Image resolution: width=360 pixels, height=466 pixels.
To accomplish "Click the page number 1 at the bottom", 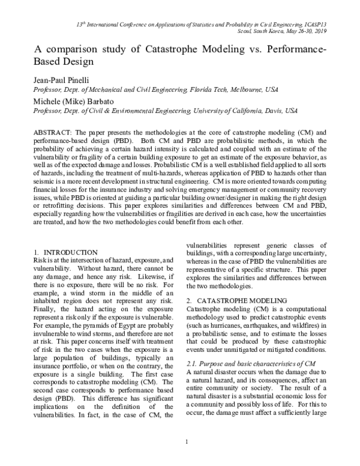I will click(187, 443).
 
